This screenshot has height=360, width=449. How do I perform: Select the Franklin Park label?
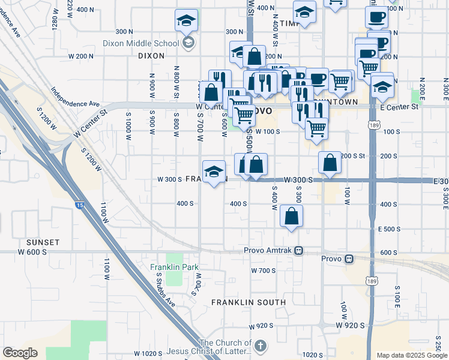(x=174, y=266)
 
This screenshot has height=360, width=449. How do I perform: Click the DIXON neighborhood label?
(x=151, y=55)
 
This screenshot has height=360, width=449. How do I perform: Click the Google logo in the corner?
(x=20, y=353)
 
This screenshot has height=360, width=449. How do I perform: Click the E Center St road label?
(x=399, y=107)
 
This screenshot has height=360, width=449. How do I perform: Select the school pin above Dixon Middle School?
(x=186, y=21)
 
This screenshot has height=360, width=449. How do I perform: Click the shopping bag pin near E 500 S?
(x=291, y=217)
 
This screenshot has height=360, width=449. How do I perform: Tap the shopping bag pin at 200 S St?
(x=330, y=163)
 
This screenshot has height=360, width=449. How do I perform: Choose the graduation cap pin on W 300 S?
(x=214, y=173)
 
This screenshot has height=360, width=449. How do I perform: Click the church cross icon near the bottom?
(x=260, y=346)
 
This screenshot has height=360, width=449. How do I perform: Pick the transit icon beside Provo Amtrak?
(x=298, y=250)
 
